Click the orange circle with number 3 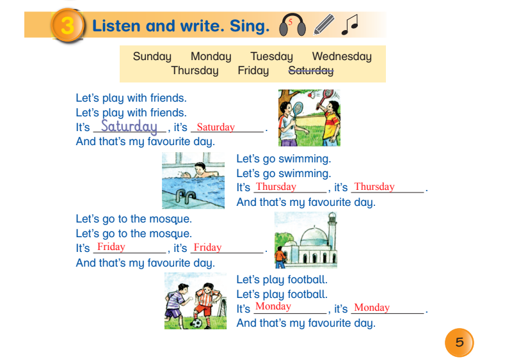pos(67,26)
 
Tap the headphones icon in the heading pos(292,24)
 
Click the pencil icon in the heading pos(324,24)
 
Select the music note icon pos(349,24)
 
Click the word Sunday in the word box pos(152,56)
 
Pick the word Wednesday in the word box pos(342,56)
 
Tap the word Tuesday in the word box pos(271,56)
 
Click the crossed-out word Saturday pos(311,70)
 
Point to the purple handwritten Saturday pos(129,127)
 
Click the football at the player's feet pos(196,324)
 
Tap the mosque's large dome pos(314,236)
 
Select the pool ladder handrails pos(185,196)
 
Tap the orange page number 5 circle pos(459,342)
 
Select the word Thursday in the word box pos(195,70)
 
